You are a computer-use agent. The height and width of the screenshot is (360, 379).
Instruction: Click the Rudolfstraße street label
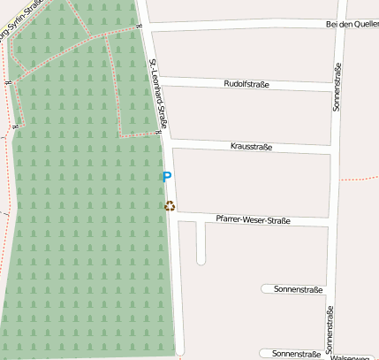point(246,85)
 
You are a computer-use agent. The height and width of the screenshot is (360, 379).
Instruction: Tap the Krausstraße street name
point(251,147)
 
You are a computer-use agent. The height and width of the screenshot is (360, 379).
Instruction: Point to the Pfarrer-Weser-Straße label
point(253,219)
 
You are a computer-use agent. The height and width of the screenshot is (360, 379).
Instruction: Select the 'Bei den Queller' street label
point(352,25)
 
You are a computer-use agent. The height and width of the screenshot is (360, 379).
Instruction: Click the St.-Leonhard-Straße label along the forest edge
point(158,94)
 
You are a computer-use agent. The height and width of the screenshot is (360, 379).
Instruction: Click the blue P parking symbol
point(167,177)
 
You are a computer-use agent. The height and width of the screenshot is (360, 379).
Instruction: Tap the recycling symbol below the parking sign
point(170,207)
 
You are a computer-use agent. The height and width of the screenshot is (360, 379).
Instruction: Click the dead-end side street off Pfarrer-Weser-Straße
point(201,243)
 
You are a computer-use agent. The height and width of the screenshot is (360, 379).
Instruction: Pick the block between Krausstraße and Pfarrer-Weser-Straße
point(252,181)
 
